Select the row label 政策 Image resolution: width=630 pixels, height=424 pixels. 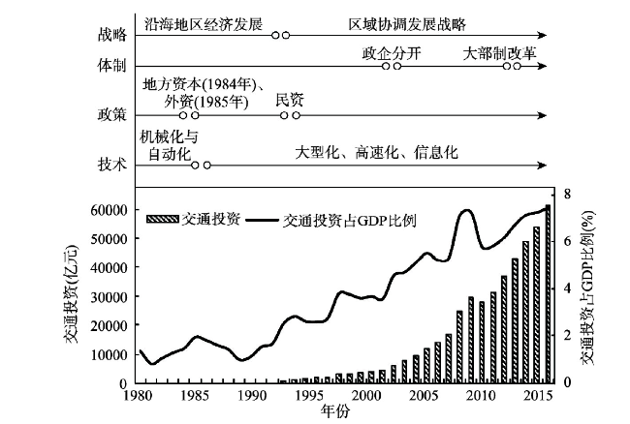tap(112, 115)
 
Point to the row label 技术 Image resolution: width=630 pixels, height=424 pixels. tap(112, 165)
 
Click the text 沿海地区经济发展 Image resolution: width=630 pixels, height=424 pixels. tap(203, 20)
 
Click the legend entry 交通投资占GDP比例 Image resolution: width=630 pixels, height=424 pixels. tap(349, 220)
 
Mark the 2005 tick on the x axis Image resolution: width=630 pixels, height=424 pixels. tap(423, 396)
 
